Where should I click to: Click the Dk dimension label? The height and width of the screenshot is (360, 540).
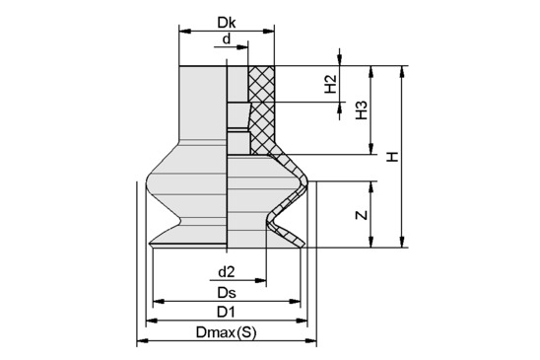coord(227,23)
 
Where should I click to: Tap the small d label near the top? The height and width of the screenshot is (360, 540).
coord(227,39)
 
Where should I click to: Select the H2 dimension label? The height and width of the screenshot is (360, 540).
coord(330,84)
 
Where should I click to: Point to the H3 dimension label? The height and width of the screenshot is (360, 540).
coord(362,110)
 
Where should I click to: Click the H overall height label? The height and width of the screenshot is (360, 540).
coord(392,157)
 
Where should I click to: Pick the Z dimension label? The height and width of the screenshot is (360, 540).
coord(362,215)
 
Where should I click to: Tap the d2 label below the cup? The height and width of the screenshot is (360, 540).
coord(227,272)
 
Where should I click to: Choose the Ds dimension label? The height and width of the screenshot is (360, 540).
coord(227,293)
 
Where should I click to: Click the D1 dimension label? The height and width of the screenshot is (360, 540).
coord(226,313)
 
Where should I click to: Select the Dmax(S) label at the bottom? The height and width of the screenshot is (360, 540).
coord(227,332)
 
